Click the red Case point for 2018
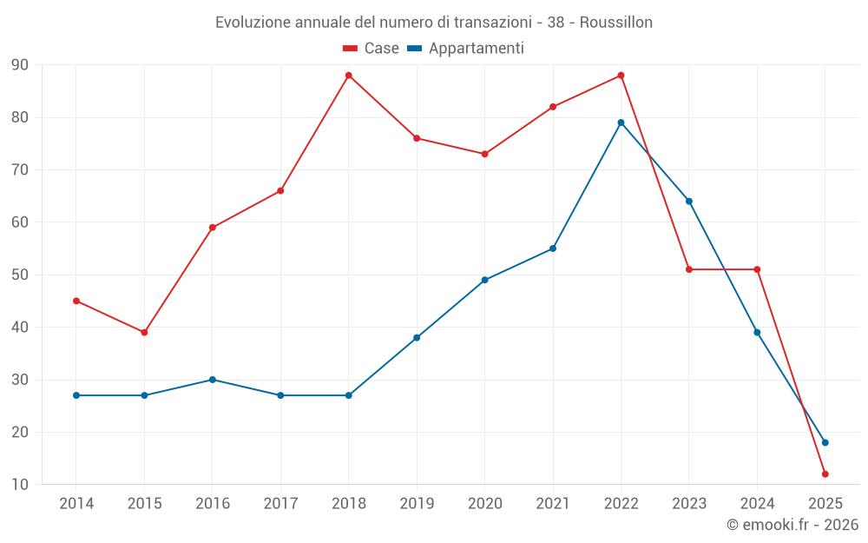tap(349, 76)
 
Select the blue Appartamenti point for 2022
tap(621, 123)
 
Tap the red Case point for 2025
tap(825, 474)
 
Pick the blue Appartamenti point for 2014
tap(76, 395)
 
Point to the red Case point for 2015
tap(144, 332)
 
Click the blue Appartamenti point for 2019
tap(417, 337)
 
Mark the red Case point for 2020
tap(484, 154)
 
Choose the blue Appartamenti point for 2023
tap(689, 201)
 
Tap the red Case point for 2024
tap(757, 269)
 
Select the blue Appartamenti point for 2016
tap(213, 380)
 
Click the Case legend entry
tap(372, 49)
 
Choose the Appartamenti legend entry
tap(466, 49)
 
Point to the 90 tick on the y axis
tap(19, 65)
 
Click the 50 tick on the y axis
tap(19, 275)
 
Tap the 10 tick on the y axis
tap(19, 485)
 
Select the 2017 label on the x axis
tap(280, 504)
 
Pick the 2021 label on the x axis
tap(553, 504)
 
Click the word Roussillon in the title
tap(615, 22)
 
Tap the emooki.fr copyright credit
tap(792, 525)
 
